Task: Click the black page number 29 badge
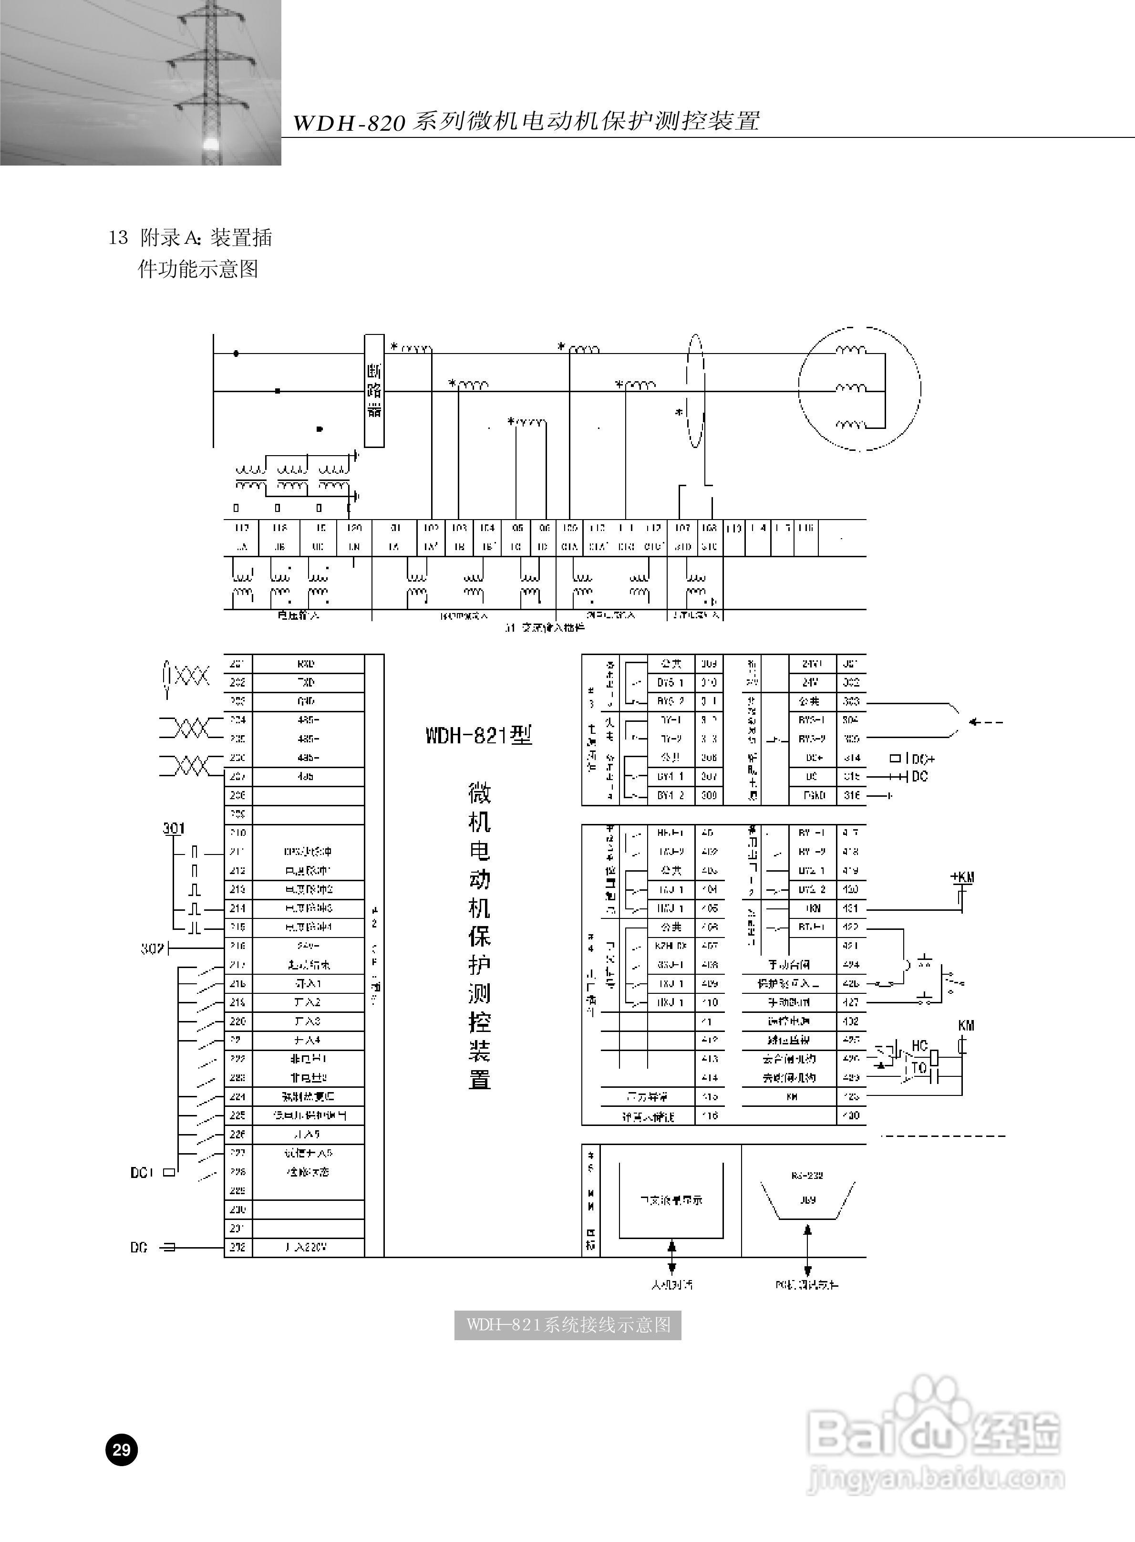(x=122, y=1450)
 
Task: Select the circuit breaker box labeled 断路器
(x=374, y=390)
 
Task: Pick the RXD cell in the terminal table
(x=307, y=664)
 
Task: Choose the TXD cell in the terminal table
(x=307, y=682)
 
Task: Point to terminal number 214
(x=237, y=908)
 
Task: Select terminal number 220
(x=237, y=1021)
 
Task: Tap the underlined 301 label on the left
(x=173, y=828)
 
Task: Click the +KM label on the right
(x=962, y=877)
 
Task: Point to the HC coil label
(x=919, y=1045)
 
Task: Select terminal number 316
(x=851, y=795)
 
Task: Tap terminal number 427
(x=851, y=1002)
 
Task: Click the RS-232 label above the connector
(x=807, y=1176)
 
